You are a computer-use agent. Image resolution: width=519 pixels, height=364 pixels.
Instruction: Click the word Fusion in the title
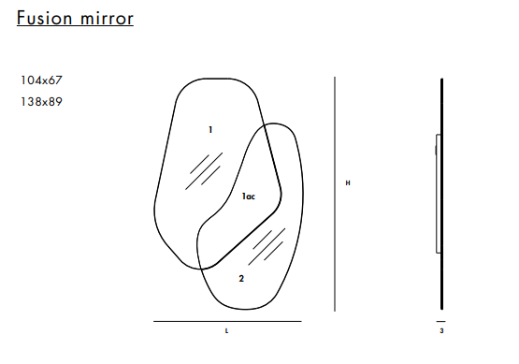[x=44, y=18]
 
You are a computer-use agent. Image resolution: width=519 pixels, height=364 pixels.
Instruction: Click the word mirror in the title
[x=107, y=19]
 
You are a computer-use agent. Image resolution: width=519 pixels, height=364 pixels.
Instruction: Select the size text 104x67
[x=41, y=80]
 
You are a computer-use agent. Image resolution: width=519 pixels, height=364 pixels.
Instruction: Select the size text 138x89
[x=41, y=102]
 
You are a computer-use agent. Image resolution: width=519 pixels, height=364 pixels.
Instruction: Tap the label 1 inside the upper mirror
[x=210, y=130]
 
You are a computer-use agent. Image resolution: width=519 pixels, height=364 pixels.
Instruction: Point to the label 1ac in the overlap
[x=249, y=197]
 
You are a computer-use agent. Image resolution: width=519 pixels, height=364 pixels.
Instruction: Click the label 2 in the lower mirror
[x=241, y=279]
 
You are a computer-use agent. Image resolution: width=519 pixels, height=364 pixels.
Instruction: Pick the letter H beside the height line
[x=348, y=182]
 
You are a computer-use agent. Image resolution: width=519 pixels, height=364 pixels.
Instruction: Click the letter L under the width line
[x=226, y=331]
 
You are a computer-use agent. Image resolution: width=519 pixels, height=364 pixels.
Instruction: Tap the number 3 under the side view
[x=441, y=331]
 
